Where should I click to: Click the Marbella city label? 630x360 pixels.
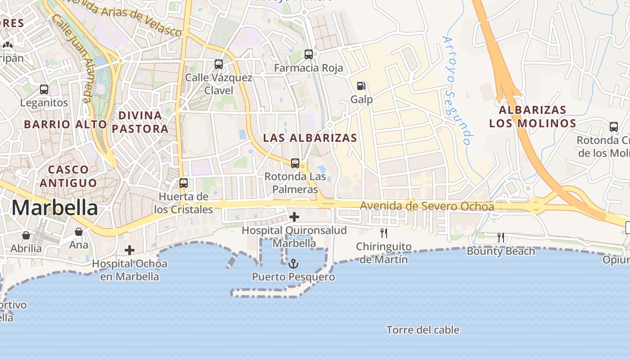click(54, 208)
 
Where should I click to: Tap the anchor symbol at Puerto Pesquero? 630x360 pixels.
click(293, 263)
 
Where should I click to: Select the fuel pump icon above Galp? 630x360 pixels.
click(361, 85)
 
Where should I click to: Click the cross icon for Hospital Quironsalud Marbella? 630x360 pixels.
click(294, 217)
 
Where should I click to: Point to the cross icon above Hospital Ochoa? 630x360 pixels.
click(130, 250)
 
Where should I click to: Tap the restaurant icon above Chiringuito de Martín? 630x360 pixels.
click(384, 233)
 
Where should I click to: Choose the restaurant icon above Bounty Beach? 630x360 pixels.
click(500, 237)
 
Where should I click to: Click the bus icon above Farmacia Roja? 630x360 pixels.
click(309, 54)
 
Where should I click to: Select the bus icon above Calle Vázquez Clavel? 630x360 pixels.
click(219, 64)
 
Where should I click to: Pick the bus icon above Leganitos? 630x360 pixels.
click(44, 89)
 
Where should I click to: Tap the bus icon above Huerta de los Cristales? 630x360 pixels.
click(184, 183)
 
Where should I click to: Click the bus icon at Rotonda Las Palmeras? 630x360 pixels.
click(295, 163)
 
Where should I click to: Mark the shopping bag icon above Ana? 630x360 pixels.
click(79, 232)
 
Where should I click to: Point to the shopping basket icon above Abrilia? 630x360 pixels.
click(26, 235)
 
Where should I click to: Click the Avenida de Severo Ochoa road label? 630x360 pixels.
click(427, 207)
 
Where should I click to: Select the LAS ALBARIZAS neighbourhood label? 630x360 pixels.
click(310, 138)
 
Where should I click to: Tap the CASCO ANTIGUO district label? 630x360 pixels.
click(68, 176)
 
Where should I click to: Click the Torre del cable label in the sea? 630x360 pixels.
click(423, 330)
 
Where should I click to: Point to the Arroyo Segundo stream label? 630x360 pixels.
click(458, 90)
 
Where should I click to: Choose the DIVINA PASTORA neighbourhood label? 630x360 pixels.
click(140, 122)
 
